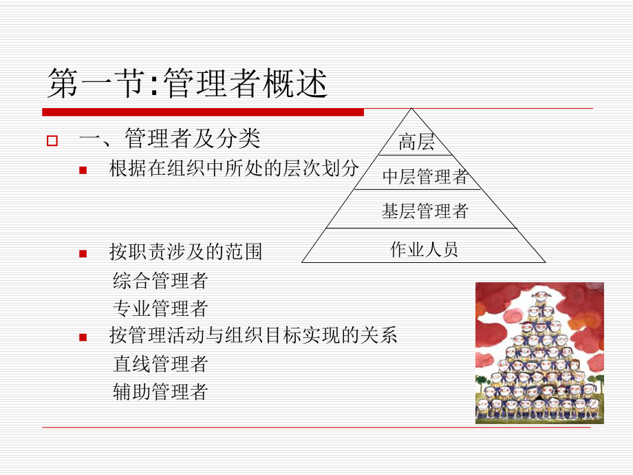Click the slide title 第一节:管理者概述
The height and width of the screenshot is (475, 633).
click(186, 85)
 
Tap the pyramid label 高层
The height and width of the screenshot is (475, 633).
click(417, 142)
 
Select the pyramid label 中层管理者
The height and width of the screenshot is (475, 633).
click(425, 177)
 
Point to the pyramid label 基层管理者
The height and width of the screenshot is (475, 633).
click(425, 211)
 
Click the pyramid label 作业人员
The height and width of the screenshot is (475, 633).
click(424, 249)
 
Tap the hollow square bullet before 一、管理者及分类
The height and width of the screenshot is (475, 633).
click(51, 141)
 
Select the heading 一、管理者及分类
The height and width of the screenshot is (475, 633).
click(170, 139)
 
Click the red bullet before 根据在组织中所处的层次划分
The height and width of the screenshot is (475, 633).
click(83, 169)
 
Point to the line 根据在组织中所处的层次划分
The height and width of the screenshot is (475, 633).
click(234, 169)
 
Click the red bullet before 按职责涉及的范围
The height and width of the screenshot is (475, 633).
click(83, 253)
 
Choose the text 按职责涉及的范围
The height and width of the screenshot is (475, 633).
click(186, 252)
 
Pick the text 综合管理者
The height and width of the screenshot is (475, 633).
click(160, 280)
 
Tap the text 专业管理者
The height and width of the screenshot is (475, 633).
click(160, 308)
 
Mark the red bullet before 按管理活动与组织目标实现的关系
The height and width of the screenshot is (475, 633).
click(83, 337)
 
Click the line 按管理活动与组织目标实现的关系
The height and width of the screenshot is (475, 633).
click(253, 335)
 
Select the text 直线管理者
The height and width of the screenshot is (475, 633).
click(160, 363)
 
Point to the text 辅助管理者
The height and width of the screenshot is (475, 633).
click(160, 392)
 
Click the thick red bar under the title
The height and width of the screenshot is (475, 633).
click(203, 112)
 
